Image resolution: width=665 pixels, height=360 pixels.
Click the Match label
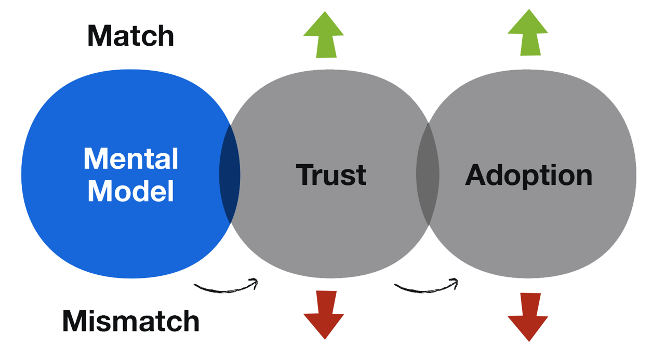pos(130,36)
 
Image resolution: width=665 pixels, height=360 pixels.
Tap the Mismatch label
pos(130,321)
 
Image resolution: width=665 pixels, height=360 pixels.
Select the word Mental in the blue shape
pos(131,159)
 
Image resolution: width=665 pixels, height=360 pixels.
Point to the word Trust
pos(331,175)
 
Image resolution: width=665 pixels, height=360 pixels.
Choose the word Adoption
pos(528,175)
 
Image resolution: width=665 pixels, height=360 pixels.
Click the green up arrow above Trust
pos(324,35)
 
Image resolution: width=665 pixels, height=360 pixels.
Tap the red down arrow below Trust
pos(324,315)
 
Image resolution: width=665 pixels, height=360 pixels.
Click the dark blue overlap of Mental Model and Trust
pos(230,174)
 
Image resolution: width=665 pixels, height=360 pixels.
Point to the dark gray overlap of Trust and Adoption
pos(428,174)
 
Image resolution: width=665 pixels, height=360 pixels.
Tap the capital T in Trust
pos(305,175)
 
